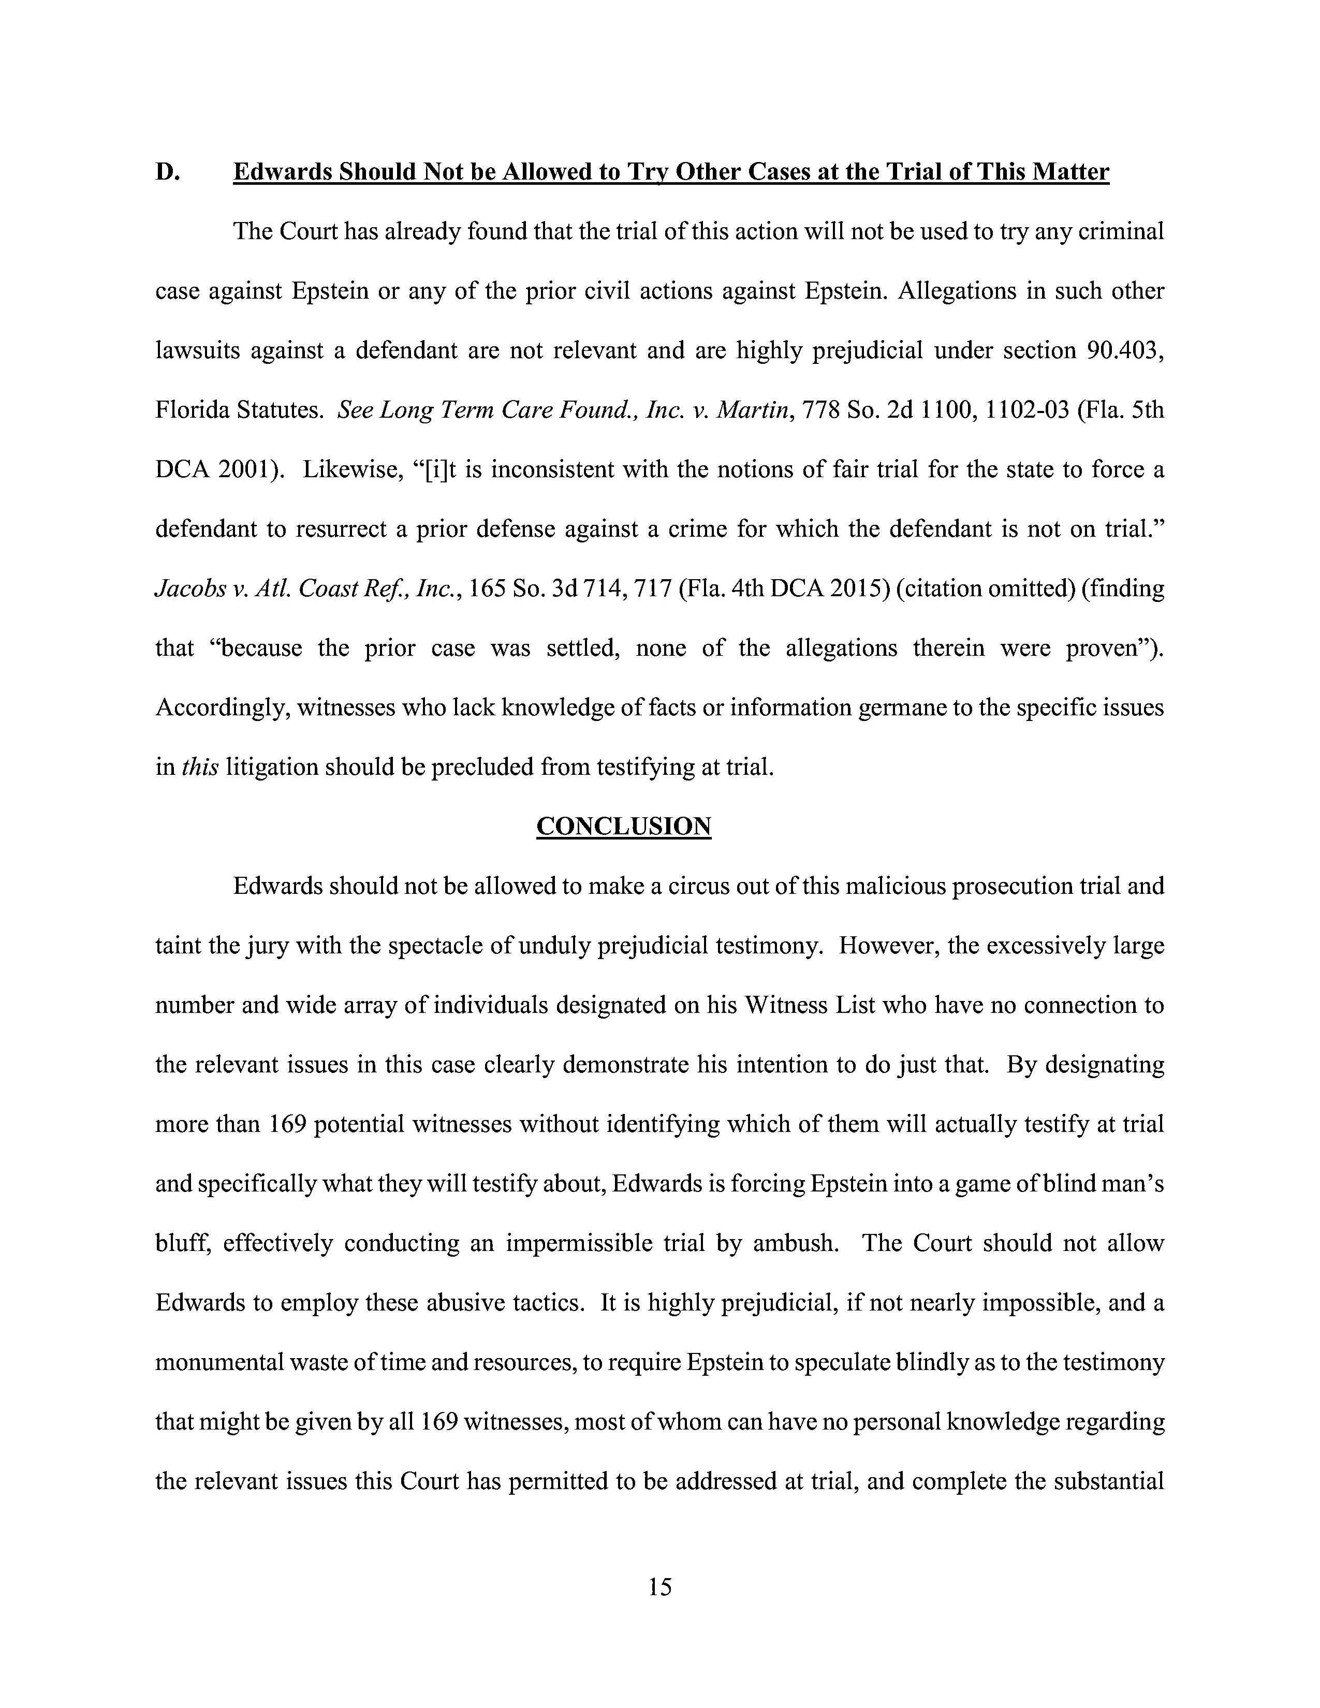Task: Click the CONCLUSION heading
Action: click(623, 826)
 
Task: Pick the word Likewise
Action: click(348, 470)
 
